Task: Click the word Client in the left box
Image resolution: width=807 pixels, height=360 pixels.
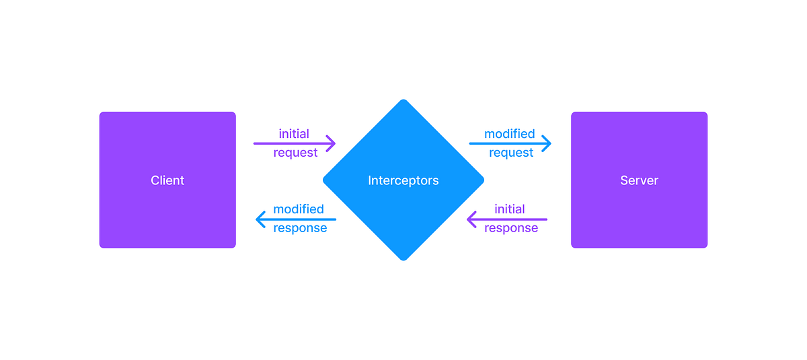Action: point(167,180)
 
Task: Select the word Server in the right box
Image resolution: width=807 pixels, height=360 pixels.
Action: point(639,180)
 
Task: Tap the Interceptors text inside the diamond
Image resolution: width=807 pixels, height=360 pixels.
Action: point(403,180)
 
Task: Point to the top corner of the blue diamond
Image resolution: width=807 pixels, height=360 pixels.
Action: point(403,101)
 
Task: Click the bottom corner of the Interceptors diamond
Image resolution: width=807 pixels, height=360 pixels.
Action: point(403,259)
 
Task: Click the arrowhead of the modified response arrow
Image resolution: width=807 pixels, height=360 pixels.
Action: point(259,219)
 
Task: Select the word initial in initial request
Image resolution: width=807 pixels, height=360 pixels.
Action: point(294,134)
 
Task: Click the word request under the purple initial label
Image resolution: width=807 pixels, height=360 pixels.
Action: point(295,153)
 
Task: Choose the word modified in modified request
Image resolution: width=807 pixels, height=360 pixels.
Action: point(510,134)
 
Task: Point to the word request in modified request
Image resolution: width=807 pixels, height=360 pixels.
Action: point(511,153)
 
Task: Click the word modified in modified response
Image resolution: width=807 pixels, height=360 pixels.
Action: point(299,209)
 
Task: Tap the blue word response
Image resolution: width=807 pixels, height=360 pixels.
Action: point(300,228)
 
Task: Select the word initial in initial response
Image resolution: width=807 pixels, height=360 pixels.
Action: point(510,209)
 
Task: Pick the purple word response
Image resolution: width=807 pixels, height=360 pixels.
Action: point(511,228)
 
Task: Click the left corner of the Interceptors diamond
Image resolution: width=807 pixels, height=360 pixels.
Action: point(324,180)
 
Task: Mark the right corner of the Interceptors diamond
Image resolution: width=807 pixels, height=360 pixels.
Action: point(483,180)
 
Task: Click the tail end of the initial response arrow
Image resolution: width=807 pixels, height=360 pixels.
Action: point(546,219)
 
